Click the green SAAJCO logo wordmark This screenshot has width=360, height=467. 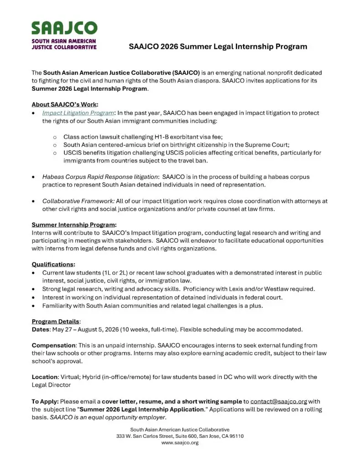(x=64, y=28)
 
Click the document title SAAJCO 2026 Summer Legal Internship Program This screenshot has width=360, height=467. (x=218, y=47)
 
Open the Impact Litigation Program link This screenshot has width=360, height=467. (x=78, y=113)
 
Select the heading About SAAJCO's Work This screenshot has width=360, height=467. (x=65, y=104)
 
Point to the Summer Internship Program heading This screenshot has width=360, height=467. (x=74, y=224)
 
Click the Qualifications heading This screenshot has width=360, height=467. (x=53, y=264)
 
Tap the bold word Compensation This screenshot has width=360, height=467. (x=54, y=345)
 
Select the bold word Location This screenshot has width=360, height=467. (x=44, y=377)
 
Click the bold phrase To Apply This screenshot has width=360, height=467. (x=45, y=401)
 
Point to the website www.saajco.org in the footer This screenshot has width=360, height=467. (x=180, y=443)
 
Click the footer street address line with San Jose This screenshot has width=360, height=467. (x=180, y=436)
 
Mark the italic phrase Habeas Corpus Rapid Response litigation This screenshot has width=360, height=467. (x=100, y=176)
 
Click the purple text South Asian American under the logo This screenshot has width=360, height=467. (x=64, y=41)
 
